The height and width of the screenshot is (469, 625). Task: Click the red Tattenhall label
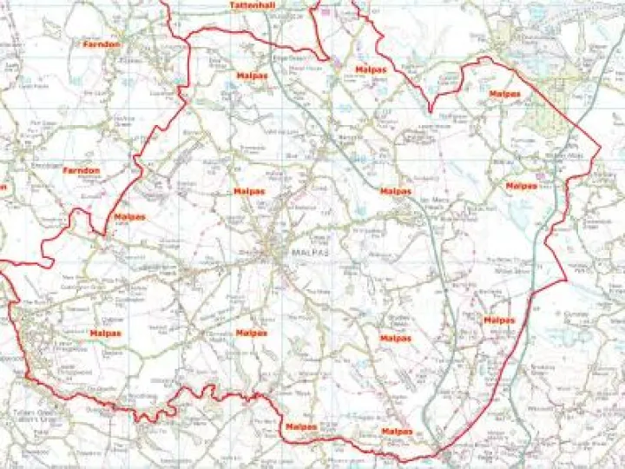(x=253, y=5)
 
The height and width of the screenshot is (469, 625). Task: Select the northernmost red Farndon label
(x=101, y=43)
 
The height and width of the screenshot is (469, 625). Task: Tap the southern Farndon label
(x=82, y=171)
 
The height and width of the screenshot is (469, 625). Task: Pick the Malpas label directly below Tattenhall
(x=252, y=76)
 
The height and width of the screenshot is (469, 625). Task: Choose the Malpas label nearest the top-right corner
(x=504, y=93)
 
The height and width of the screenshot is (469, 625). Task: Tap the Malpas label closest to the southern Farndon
(x=129, y=216)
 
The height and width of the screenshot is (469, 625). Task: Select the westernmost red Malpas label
(x=105, y=333)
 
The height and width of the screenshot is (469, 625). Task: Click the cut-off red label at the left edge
(x=3, y=186)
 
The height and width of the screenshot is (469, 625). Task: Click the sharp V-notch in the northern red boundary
(x=431, y=111)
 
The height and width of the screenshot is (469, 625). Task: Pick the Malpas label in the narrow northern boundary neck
(x=372, y=69)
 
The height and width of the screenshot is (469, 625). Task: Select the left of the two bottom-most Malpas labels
(x=300, y=427)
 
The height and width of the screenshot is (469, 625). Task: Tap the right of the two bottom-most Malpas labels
(x=397, y=432)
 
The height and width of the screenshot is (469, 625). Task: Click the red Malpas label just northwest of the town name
(x=249, y=191)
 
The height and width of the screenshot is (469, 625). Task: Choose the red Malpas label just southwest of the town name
(x=251, y=333)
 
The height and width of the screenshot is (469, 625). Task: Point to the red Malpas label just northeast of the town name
(x=396, y=191)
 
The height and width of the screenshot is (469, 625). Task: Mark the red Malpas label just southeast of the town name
(x=396, y=338)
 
